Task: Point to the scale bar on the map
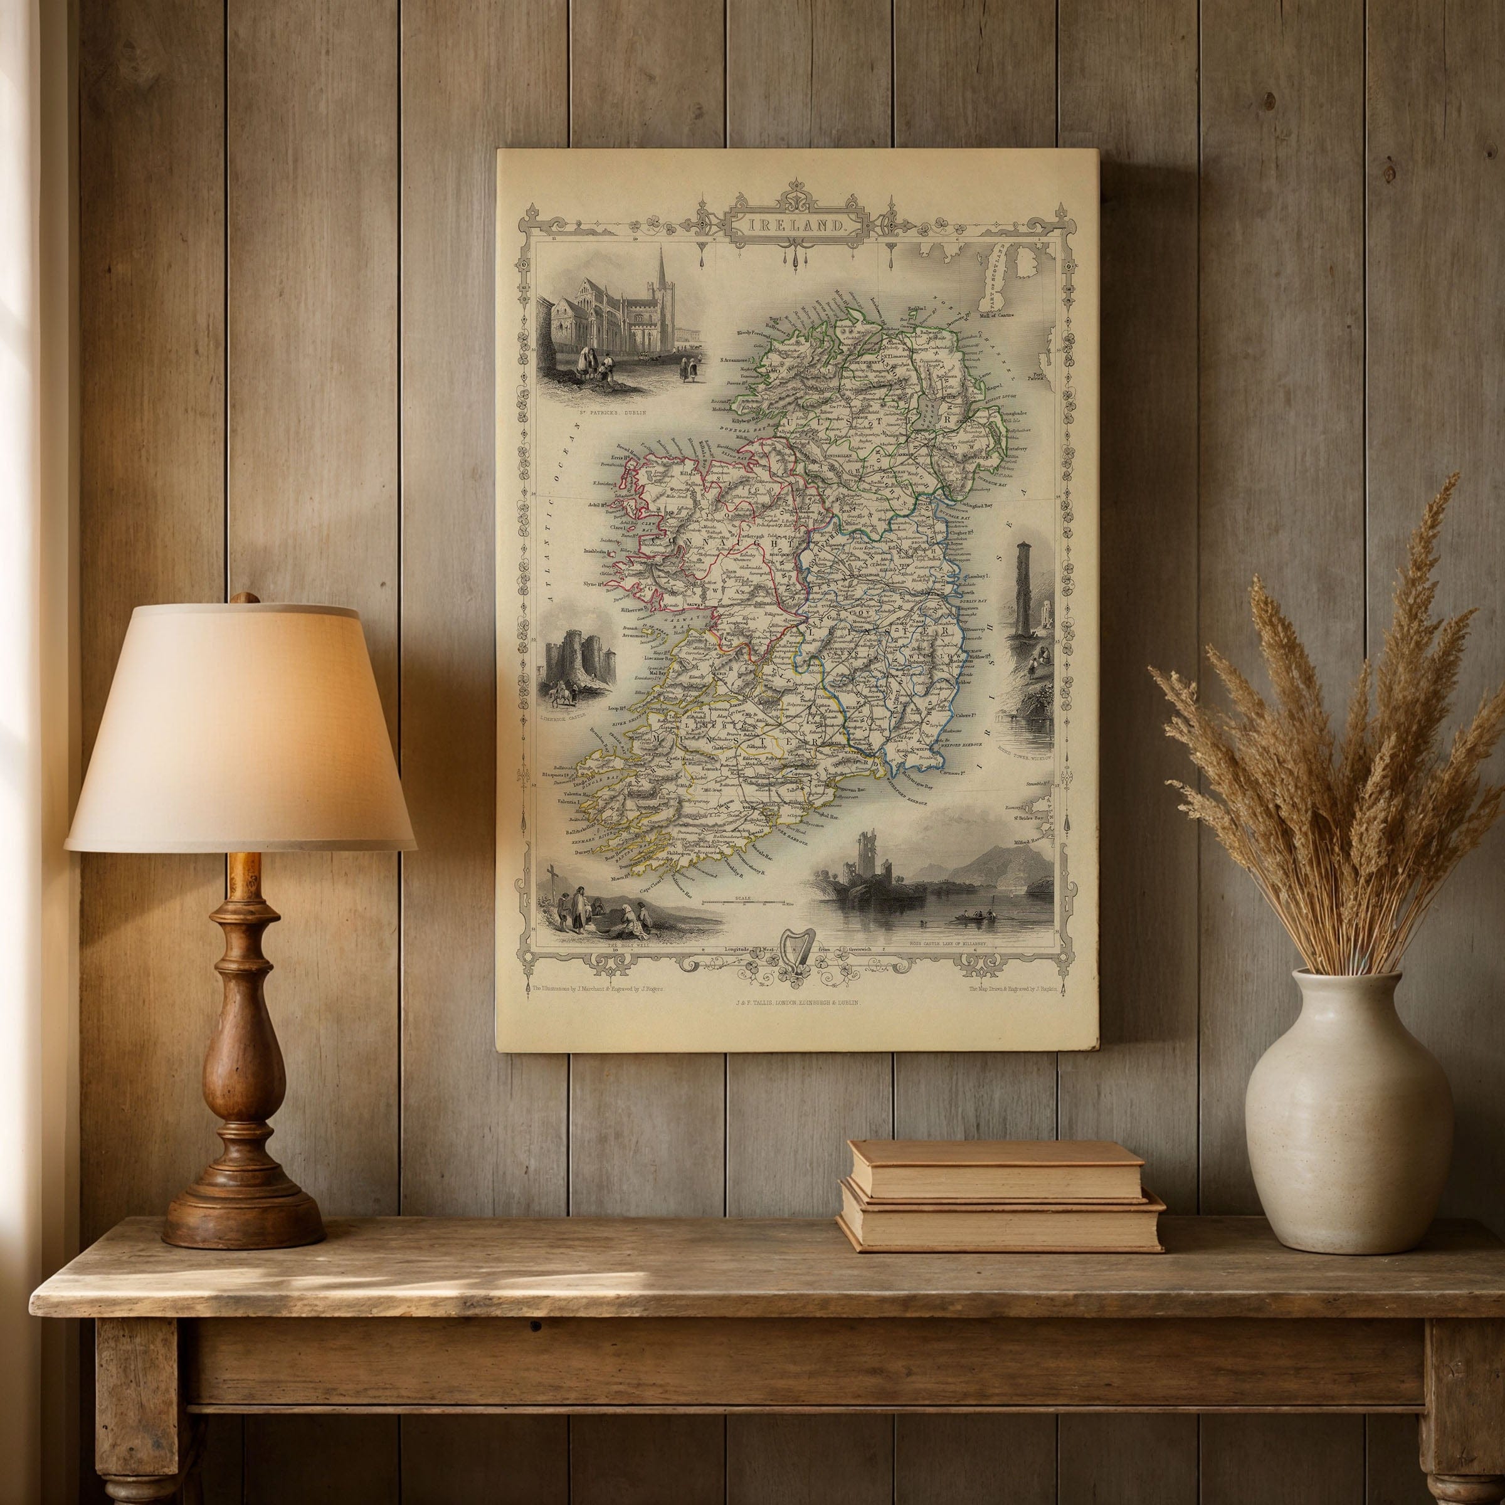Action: point(746,902)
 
